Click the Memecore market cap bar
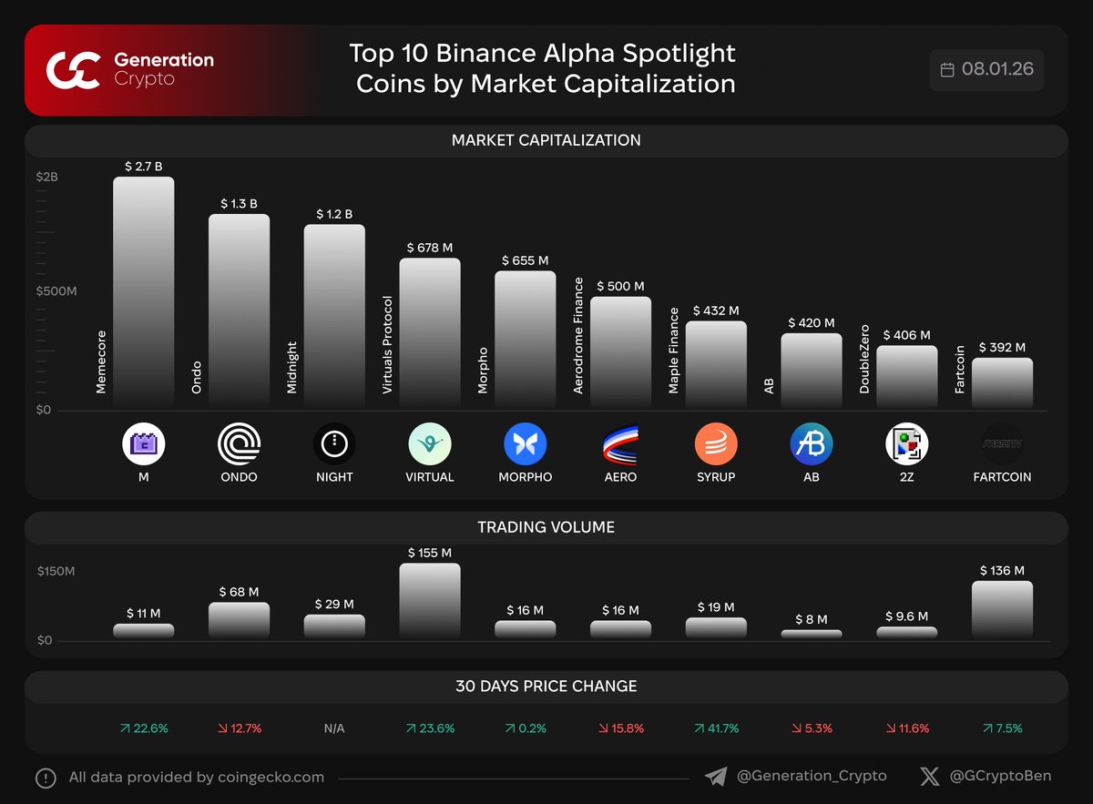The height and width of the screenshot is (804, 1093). (143, 291)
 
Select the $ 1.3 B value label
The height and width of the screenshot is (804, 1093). (239, 204)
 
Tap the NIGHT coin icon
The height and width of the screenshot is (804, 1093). (334, 444)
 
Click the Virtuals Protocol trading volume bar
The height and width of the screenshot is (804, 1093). (429, 600)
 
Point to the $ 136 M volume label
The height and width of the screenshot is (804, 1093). (1002, 571)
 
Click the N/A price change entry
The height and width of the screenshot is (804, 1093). (334, 728)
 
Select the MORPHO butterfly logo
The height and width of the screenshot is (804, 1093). (525, 444)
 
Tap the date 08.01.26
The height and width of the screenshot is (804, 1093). (998, 69)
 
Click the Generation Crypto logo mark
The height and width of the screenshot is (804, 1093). (73, 70)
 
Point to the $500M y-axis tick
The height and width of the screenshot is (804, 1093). (56, 291)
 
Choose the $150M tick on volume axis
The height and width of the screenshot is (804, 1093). (56, 572)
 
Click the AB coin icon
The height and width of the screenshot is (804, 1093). (811, 444)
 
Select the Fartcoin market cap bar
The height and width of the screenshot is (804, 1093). (1002, 382)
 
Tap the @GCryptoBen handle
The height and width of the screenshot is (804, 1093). (1000, 776)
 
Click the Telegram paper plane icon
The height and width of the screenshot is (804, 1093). (716, 777)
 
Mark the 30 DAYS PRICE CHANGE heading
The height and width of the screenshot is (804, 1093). (546, 687)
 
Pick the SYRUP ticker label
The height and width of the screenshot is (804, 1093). (715, 477)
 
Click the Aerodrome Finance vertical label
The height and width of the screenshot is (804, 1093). (578, 335)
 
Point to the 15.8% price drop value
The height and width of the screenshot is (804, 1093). (620, 728)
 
